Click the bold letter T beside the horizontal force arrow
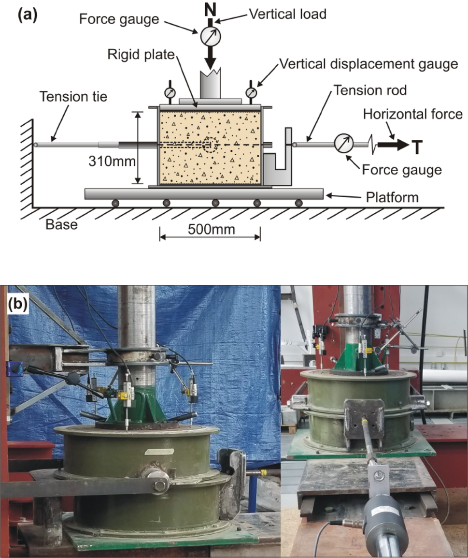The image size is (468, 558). (x=418, y=145)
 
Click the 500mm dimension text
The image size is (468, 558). (x=210, y=229)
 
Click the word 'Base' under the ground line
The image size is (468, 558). (x=62, y=224)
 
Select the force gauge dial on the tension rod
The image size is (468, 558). (x=344, y=144)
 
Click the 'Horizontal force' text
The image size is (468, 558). (x=413, y=115)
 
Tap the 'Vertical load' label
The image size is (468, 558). (x=287, y=14)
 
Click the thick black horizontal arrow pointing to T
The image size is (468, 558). (x=394, y=145)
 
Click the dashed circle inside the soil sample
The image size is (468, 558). (x=209, y=145)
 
